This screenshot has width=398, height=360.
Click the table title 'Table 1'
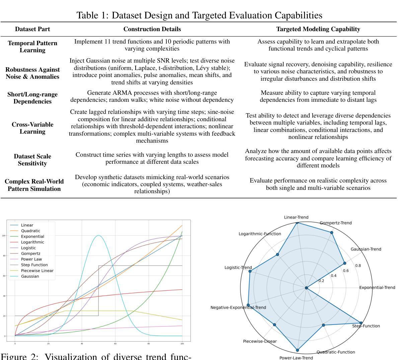point(199,15)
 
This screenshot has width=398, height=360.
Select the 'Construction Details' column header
point(152,29)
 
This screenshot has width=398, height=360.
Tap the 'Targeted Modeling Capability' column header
point(318,29)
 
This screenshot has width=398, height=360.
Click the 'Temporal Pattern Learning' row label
point(32,47)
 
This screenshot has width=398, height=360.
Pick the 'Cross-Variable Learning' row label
point(32,128)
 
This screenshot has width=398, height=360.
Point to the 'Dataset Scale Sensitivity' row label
point(32,160)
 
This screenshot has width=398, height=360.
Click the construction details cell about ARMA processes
point(152,96)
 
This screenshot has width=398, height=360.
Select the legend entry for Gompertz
point(30,254)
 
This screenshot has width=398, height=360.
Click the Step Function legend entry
point(34,265)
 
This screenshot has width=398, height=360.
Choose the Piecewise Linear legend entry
point(37,271)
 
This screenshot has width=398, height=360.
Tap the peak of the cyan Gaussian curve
point(98,235)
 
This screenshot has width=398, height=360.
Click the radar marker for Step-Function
point(361,323)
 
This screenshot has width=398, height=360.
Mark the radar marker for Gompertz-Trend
point(332,232)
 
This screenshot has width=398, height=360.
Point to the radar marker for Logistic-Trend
point(250,271)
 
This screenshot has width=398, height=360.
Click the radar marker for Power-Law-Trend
point(298,350)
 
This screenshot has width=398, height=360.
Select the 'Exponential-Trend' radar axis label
point(377,287)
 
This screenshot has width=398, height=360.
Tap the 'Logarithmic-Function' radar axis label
point(260,234)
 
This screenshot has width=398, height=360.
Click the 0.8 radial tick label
point(358,266)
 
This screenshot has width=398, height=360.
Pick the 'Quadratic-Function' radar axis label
point(335,352)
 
